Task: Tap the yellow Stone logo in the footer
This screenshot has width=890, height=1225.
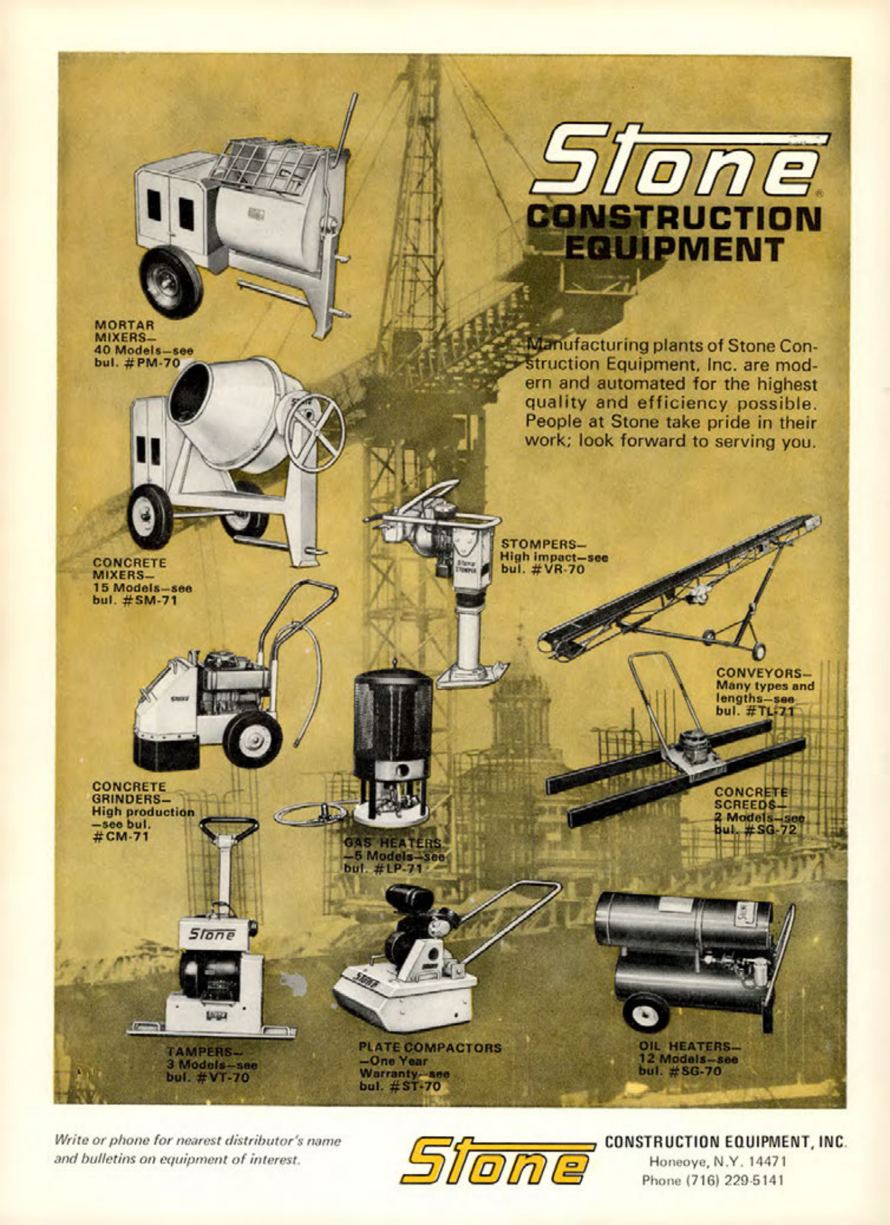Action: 497,1160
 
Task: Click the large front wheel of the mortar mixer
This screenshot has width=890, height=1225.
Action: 170,282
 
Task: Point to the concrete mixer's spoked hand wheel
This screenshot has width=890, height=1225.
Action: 315,432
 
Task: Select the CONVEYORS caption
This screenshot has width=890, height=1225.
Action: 764,692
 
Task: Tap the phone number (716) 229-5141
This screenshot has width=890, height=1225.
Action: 712,1180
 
